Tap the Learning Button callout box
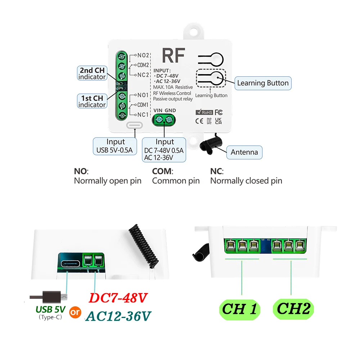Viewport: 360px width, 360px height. click(x=262, y=83)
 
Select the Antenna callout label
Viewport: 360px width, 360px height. click(x=244, y=152)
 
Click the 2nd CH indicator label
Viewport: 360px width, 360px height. click(x=92, y=73)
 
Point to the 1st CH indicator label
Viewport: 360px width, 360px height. click(x=92, y=101)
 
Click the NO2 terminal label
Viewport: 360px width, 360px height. click(x=143, y=55)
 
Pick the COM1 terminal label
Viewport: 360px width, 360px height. click(x=143, y=105)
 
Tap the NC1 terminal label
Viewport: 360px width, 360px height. click(x=143, y=114)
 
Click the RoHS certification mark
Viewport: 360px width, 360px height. click(x=204, y=112)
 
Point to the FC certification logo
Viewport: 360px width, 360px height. click(x=219, y=112)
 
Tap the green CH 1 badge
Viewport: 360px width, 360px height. click(x=240, y=309)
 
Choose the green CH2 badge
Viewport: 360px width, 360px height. click(x=293, y=309)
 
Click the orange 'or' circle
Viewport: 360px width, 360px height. click(x=76, y=312)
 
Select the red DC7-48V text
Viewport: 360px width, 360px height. click(x=118, y=298)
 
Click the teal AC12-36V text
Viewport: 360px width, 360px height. click(x=118, y=316)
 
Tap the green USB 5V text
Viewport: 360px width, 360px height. click(x=50, y=309)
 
